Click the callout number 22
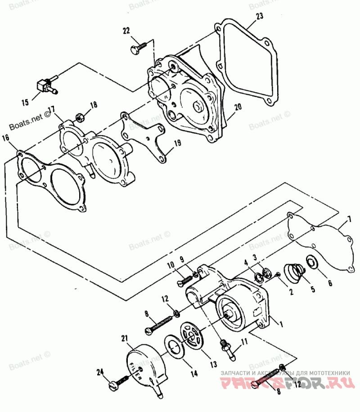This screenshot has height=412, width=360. (126, 31)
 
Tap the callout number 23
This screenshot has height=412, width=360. (260, 17)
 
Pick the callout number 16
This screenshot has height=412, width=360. (5, 138)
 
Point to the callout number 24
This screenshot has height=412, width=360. (100, 372)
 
